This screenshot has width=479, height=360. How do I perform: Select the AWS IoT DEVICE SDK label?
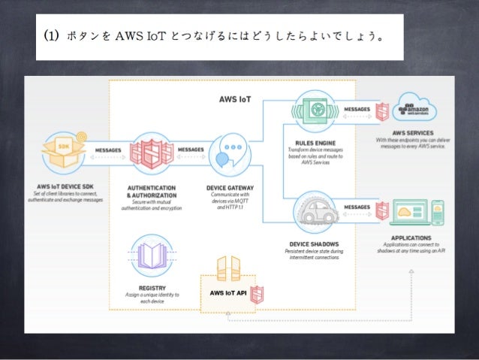tap(65, 186)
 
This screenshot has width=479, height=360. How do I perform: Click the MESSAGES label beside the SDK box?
tap(107, 150)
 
